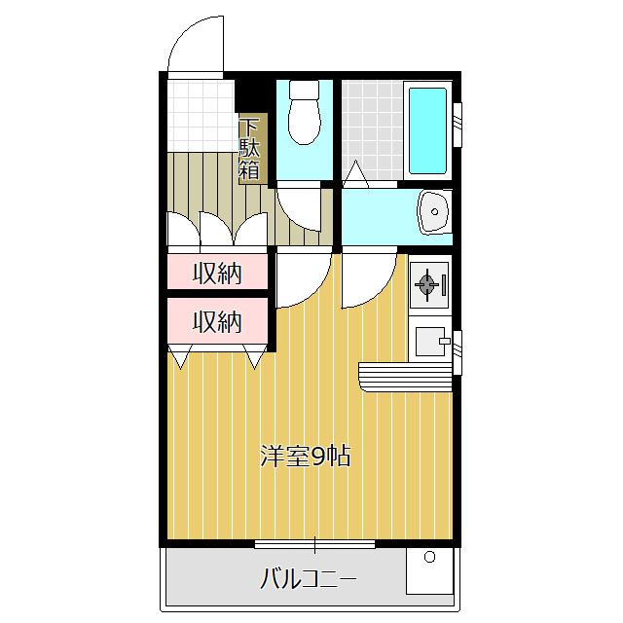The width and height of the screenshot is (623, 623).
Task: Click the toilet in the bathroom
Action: click(306, 121)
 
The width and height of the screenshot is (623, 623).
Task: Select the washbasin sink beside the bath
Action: click(432, 211)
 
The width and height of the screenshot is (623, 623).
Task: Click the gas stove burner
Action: click(427, 284)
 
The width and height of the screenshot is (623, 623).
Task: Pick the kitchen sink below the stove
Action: click(429, 341)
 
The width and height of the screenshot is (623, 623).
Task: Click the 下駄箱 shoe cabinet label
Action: click(250, 149)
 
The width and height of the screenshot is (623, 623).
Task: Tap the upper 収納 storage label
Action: click(216, 274)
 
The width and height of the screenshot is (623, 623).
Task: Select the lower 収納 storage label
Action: click(216, 321)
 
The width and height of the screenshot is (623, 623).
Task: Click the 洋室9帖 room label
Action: click(304, 456)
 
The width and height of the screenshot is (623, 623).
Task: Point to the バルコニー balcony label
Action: click(308, 580)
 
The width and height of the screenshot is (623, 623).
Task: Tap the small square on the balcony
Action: click(428, 558)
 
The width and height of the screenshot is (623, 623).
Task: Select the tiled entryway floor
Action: click(200, 115)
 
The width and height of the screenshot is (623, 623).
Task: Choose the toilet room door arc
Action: click(300, 209)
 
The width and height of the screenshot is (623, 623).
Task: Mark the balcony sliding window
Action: click(314, 543)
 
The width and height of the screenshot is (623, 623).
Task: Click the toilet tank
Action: click(306, 92)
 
